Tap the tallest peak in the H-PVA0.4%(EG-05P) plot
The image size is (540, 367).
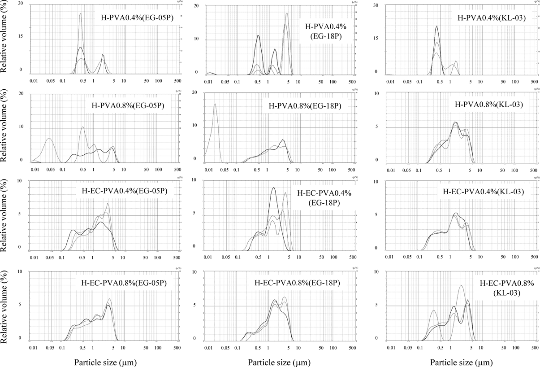point(81,13)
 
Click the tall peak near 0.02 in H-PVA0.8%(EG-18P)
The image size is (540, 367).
point(216,104)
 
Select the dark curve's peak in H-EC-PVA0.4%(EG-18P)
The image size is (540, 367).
point(273,188)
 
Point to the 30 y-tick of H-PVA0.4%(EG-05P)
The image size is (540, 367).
point(21,4)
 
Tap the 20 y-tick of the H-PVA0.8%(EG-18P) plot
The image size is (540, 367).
point(194,92)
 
